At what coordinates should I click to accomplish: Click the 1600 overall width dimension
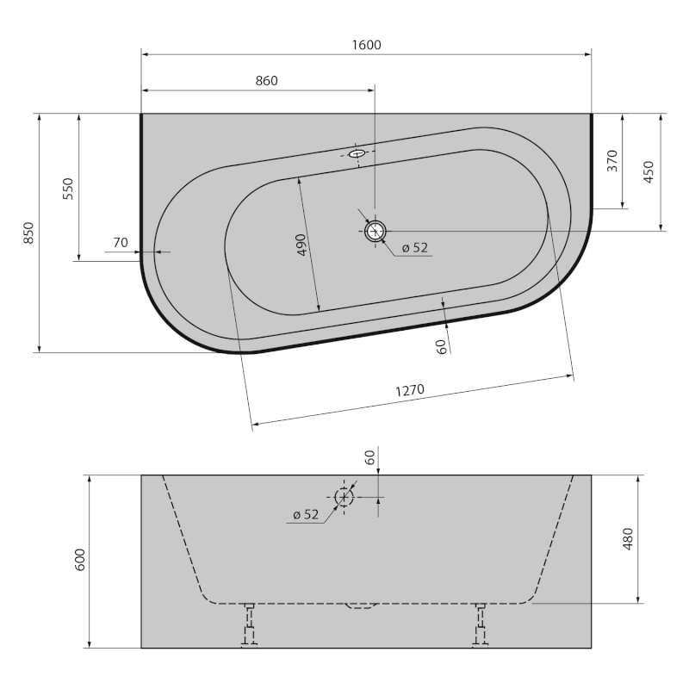click(x=366, y=45)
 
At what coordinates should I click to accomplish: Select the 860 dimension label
click(x=266, y=80)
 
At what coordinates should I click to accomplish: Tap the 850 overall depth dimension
click(x=28, y=233)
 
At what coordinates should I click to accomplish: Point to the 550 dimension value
click(x=68, y=188)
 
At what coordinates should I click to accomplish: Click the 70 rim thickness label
click(x=121, y=244)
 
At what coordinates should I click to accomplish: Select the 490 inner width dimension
click(x=301, y=245)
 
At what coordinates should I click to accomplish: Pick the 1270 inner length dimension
click(x=410, y=390)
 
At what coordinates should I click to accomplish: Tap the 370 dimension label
click(x=612, y=161)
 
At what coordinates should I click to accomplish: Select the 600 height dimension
click(x=79, y=561)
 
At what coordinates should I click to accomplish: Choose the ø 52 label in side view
click(x=305, y=514)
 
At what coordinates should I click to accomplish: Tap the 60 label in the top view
click(x=441, y=346)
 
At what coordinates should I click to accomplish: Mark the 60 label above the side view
click(x=370, y=457)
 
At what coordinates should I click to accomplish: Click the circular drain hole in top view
click(x=375, y=231)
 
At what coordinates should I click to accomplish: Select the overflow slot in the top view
click(x=358, y=153)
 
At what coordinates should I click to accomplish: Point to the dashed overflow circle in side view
click(x=344, y=497)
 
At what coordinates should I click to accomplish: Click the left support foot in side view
click(x=249, y=624)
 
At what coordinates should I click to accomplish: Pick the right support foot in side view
click(x=480, y=624)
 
